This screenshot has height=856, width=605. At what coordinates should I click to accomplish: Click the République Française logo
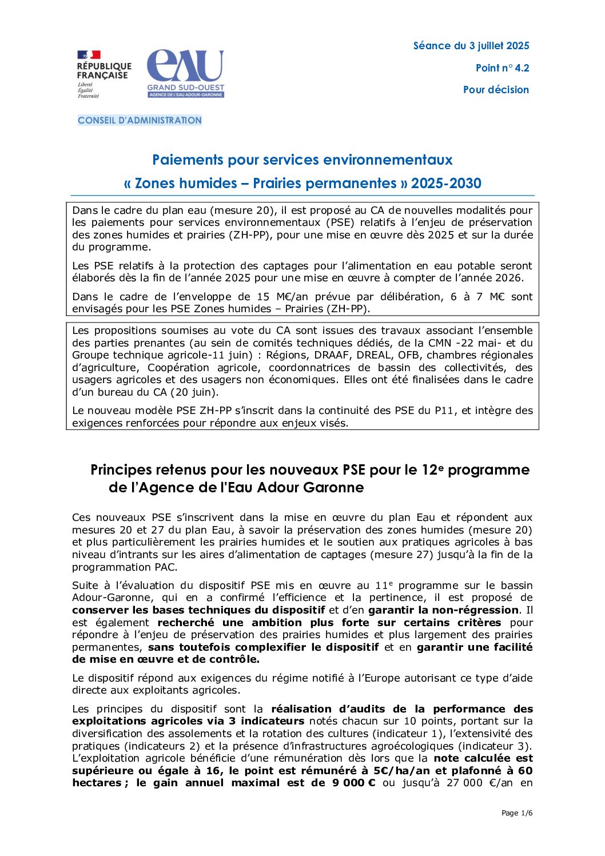pos(104,74)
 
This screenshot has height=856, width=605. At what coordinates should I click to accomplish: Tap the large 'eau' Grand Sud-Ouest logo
pos(185,73)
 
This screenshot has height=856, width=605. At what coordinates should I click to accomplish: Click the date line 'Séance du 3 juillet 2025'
pos(471,46)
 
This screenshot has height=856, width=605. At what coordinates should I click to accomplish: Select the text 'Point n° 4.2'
pos(502,68)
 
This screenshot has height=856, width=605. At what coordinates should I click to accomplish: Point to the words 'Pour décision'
pos(496,90)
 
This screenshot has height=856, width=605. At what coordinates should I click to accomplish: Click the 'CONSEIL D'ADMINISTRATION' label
pos(140,121)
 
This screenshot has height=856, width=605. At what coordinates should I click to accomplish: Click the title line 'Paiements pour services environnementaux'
pos(302,160)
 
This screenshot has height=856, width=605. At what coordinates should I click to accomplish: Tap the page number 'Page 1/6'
pos(517,813)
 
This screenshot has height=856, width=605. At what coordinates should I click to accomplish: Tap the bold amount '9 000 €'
pos(353,783)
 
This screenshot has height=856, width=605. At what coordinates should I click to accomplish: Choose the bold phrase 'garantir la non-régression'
pos(443,610)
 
